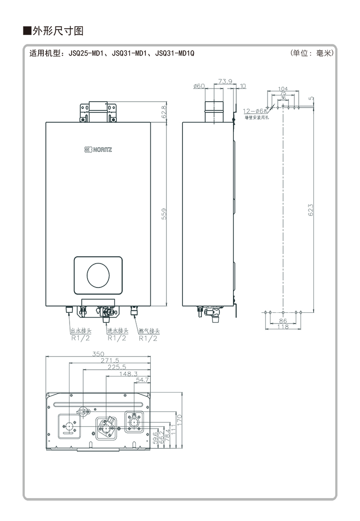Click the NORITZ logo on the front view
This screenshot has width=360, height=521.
[x=98, y=149]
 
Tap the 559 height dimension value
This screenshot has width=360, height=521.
[x=164, y=214]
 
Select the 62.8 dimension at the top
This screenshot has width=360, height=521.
[x=164, y=111]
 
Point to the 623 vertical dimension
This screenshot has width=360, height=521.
[x=310, y=210]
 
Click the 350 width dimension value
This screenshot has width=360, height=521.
[x=98, y=354]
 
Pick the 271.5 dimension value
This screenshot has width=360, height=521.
[x=110, y=360]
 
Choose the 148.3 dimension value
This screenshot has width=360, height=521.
[x=129, y=374]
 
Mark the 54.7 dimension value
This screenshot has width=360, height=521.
[x=143, y=380]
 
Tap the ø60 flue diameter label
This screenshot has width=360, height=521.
[x=199, y=86]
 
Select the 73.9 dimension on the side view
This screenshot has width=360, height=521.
[x=225, y=81]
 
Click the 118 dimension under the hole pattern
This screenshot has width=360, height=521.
[x=283, y=327]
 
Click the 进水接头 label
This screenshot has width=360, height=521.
[x=117, y=331]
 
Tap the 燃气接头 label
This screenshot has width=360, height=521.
[x=148, y=331]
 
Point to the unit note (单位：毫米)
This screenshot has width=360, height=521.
[x=311, y=53]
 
